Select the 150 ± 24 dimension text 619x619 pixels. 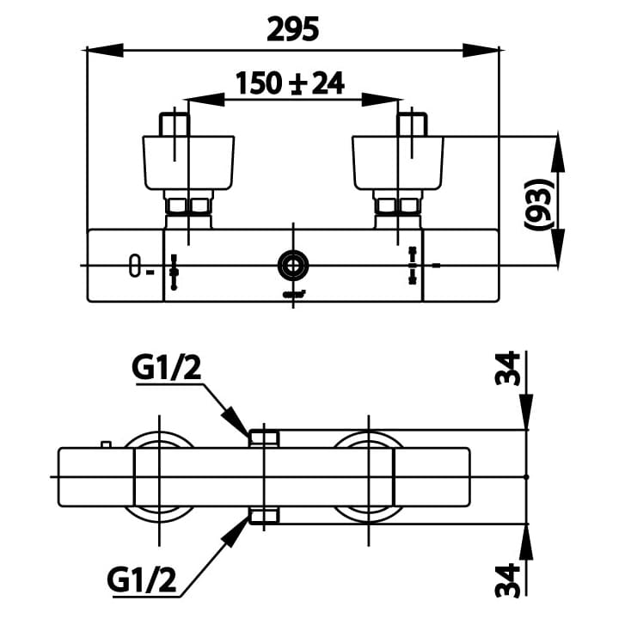(290, 83)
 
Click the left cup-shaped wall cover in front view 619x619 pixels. (187, 162)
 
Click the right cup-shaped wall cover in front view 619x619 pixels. (398, 162)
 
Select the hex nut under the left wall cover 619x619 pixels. (187, 206)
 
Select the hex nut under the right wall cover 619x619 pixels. (397, 206)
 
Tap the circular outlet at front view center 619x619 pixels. (292, 266)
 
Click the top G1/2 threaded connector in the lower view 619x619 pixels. (263, 438)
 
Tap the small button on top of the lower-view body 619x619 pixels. (106, 444)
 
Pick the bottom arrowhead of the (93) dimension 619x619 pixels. (558, 250)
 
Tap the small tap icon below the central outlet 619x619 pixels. (292, 295)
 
